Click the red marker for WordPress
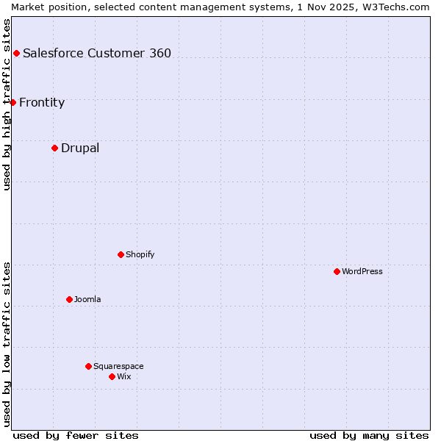tap(337, 271)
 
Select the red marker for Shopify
tap(121, 254)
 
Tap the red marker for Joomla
tap(69, 299)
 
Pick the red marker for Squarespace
tap(88, 366)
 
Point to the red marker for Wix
tap(112, 376)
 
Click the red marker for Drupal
tap(54, 148)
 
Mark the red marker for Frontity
tap(12, 102)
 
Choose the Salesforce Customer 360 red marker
tap(16, 53)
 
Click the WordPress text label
tap(362, 271)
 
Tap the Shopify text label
tap(140, 254)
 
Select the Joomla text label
tap(87, 299)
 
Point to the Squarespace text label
tap(118, 366)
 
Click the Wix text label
tap(124, 376)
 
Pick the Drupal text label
tap(80, 148)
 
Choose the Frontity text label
tap(42, 102)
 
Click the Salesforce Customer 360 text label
tap(97, 53)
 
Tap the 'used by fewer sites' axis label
tap(76, 435)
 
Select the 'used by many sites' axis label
tap(369, 435)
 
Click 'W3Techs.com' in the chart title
tap(396, 7)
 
